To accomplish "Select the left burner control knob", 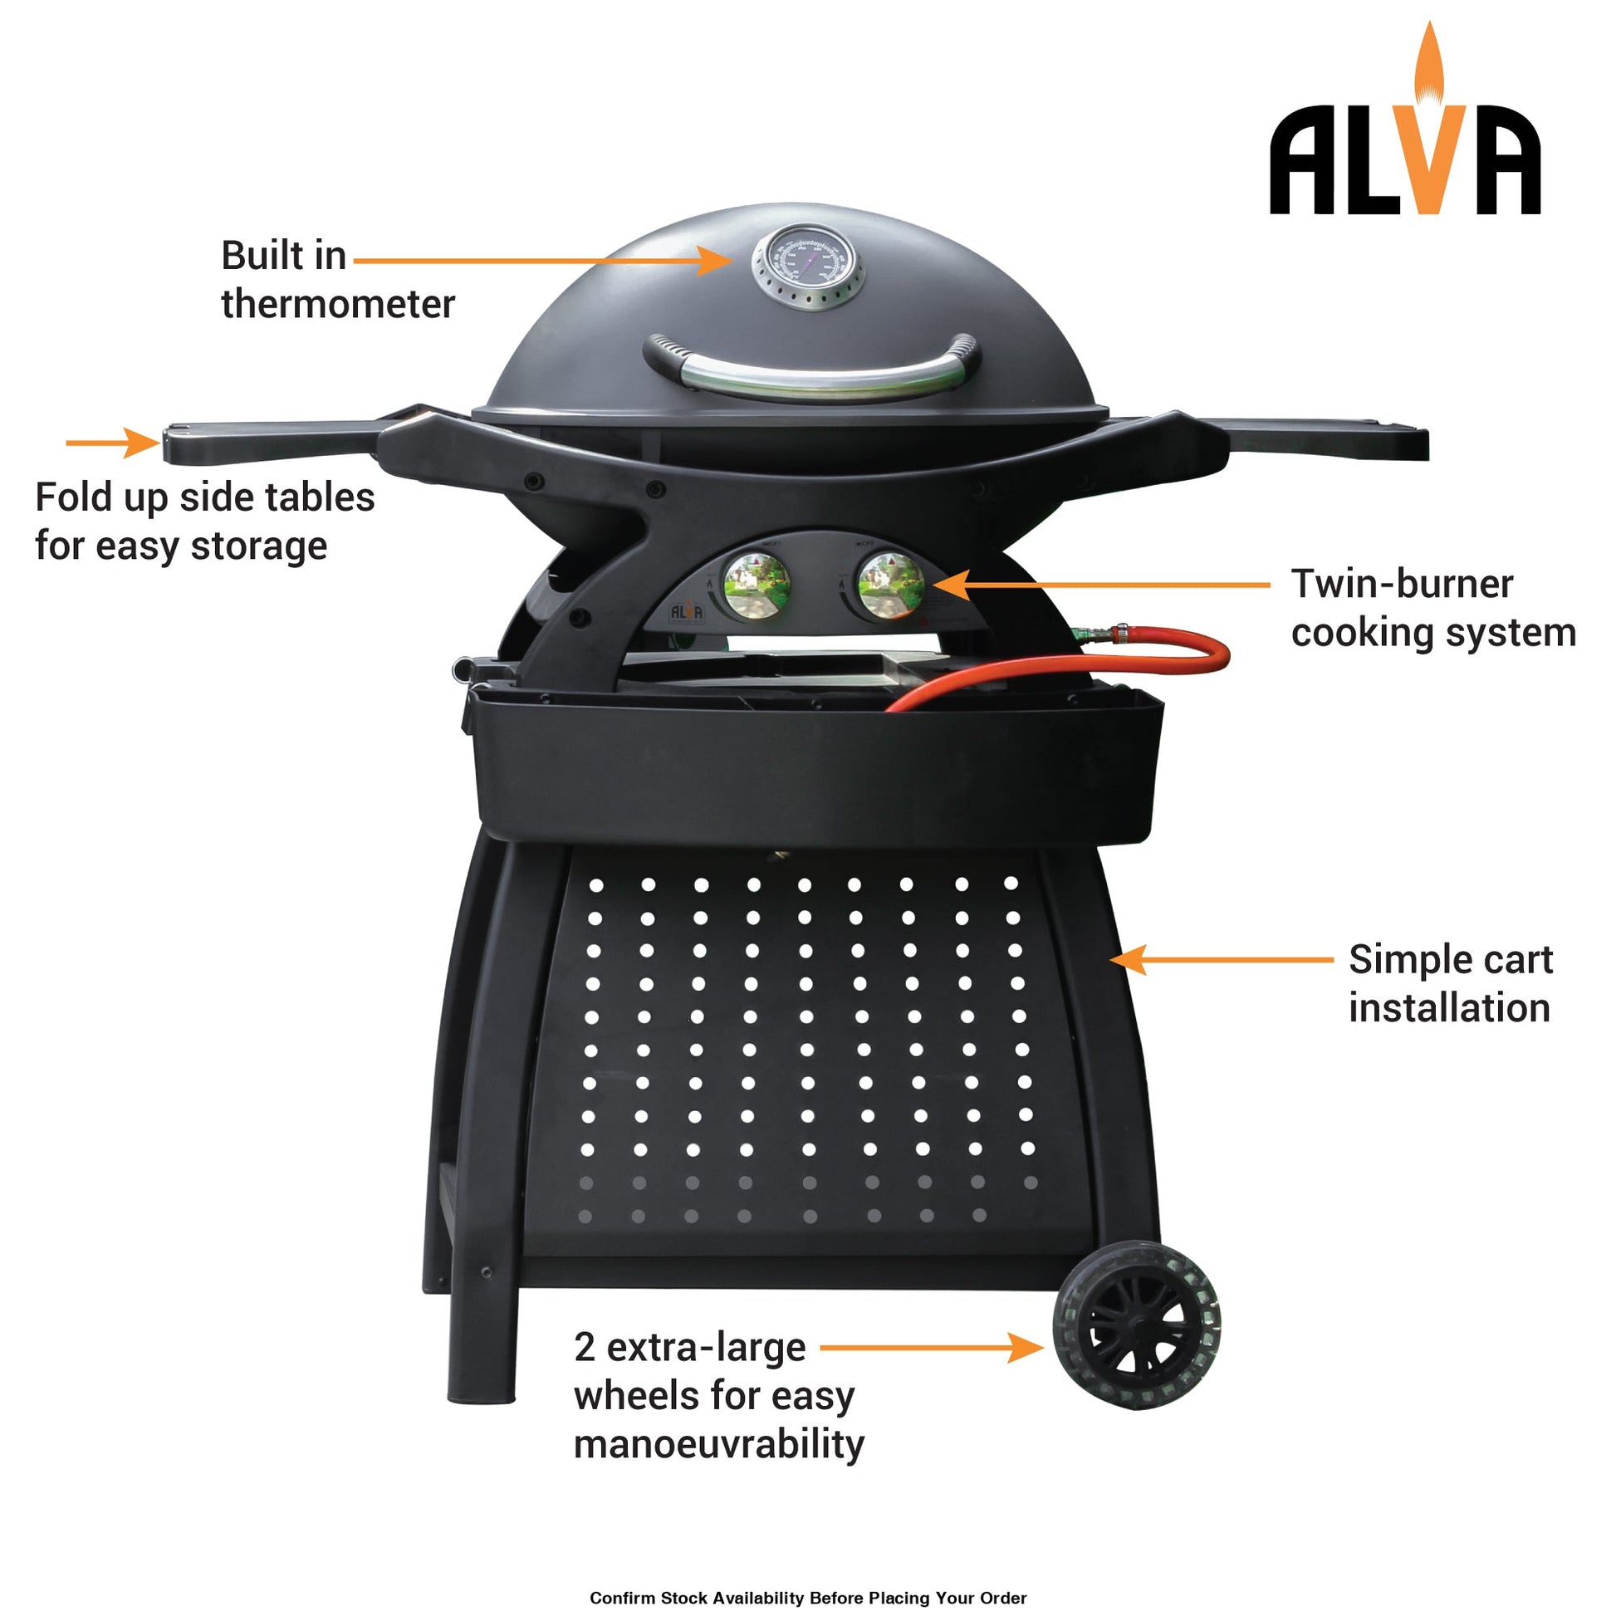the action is (757, 586).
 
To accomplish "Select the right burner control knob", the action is (892, 585).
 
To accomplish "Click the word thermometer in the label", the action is (338, 304).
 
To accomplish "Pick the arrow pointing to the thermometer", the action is (544, 260).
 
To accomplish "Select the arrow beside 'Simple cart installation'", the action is (1222, 959).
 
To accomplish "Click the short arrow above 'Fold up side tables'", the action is (113, 443).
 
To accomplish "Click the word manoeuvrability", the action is (718, 1445).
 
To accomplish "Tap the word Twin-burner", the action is (1402, 584).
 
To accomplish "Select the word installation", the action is (1450, 1008).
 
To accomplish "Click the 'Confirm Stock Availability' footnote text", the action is (808, 1599).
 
